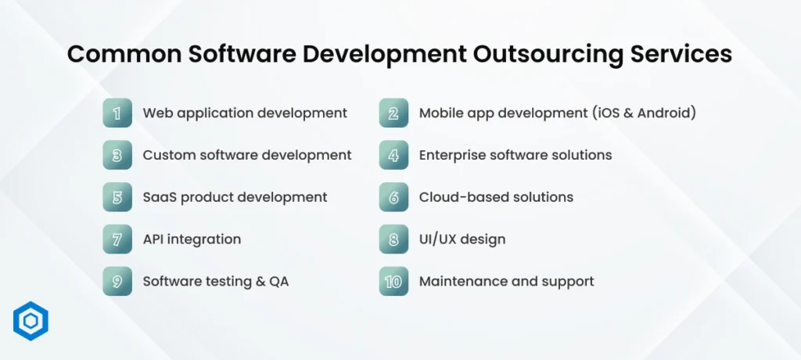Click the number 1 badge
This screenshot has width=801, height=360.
pos(117,113)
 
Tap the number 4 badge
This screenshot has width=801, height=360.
pos(394,155)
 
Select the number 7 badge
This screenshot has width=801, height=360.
pos(117,239)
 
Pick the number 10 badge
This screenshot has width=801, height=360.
pos(394,281)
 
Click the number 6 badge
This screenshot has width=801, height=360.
pos(394,197)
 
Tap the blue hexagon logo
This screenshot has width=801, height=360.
pos(31,321)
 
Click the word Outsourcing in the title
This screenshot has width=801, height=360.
pos(548,55)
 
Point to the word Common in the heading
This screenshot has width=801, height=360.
pos(124,54)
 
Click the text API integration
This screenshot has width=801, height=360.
pos(192,239)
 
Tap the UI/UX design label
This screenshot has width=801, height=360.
pos(462,239)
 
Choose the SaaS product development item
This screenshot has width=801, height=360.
pos(235,197)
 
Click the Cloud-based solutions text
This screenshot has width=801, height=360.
pos(496,197)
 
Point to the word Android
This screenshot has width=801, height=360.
pos(666,113)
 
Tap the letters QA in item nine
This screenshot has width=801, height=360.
pos(279,282)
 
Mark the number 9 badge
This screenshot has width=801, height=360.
pos(117,281)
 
